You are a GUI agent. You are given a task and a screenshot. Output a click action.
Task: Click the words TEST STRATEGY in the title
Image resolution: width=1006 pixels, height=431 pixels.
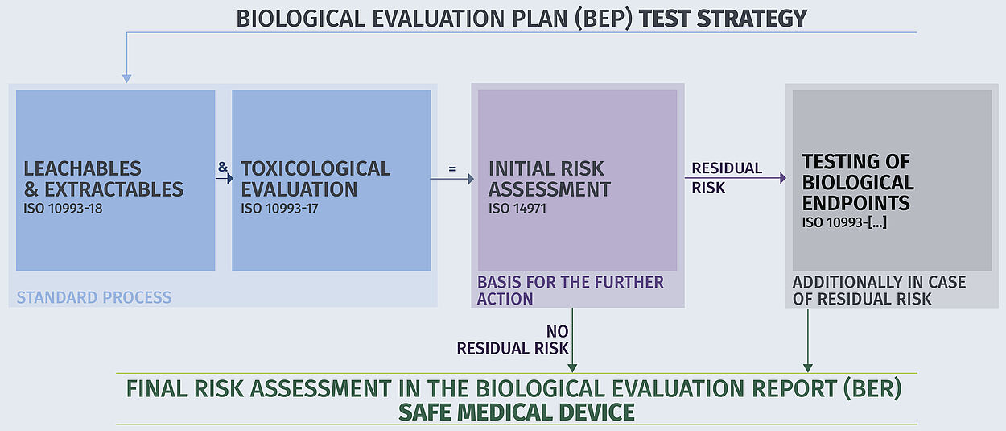point(723,19)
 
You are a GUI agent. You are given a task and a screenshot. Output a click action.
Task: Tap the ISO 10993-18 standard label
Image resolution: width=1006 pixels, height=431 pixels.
point(63,209)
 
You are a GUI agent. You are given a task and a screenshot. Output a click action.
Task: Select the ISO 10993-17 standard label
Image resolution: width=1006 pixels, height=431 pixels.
point(279,209)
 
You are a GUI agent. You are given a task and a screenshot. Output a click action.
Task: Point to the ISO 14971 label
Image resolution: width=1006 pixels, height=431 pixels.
point(517,209)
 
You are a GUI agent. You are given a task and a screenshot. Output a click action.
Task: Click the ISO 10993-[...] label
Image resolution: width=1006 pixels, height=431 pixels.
point(844,222)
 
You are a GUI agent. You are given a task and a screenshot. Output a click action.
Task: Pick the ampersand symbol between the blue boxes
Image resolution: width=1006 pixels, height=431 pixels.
point(223,167)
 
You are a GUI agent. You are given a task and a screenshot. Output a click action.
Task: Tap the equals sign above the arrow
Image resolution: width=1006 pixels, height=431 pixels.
point(451,169)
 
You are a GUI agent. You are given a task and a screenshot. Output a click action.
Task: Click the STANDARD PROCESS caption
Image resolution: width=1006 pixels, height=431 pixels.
point(94,297)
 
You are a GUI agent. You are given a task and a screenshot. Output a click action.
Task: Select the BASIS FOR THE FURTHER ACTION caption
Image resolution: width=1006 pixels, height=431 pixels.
point(571,290)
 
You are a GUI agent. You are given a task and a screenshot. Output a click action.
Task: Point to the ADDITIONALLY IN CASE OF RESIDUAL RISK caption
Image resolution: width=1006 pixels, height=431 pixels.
point(879,290)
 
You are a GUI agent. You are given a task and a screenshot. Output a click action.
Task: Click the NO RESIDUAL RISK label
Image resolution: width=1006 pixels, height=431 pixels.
point(513,340)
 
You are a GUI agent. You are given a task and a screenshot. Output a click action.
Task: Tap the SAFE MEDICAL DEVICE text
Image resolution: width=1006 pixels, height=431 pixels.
point(517,412)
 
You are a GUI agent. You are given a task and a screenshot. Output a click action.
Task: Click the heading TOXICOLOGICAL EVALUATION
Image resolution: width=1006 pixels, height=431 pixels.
point(315,179)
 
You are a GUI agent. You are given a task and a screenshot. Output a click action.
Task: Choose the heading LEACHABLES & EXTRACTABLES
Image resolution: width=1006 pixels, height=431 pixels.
point(103,179)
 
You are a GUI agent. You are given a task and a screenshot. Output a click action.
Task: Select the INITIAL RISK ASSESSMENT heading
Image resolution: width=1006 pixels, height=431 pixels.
point(549,179)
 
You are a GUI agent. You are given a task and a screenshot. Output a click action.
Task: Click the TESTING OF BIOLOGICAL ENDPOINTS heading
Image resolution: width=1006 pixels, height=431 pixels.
point(858,182)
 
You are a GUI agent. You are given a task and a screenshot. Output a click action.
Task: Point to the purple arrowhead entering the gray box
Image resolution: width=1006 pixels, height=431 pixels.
point(783,178)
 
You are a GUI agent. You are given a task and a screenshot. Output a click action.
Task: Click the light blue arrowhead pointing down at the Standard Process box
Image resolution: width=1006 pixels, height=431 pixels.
point(127,79)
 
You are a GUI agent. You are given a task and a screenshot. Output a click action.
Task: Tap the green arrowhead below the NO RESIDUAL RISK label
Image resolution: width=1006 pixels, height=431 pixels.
point(572,368)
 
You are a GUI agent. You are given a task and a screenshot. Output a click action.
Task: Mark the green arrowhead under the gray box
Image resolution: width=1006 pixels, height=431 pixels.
point(807,368)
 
